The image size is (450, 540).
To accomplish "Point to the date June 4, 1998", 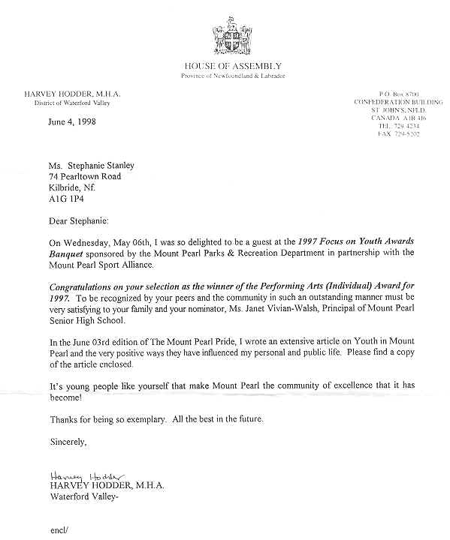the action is (x=72, y=121).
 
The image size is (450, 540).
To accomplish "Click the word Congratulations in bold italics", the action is (x=85, y=286).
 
